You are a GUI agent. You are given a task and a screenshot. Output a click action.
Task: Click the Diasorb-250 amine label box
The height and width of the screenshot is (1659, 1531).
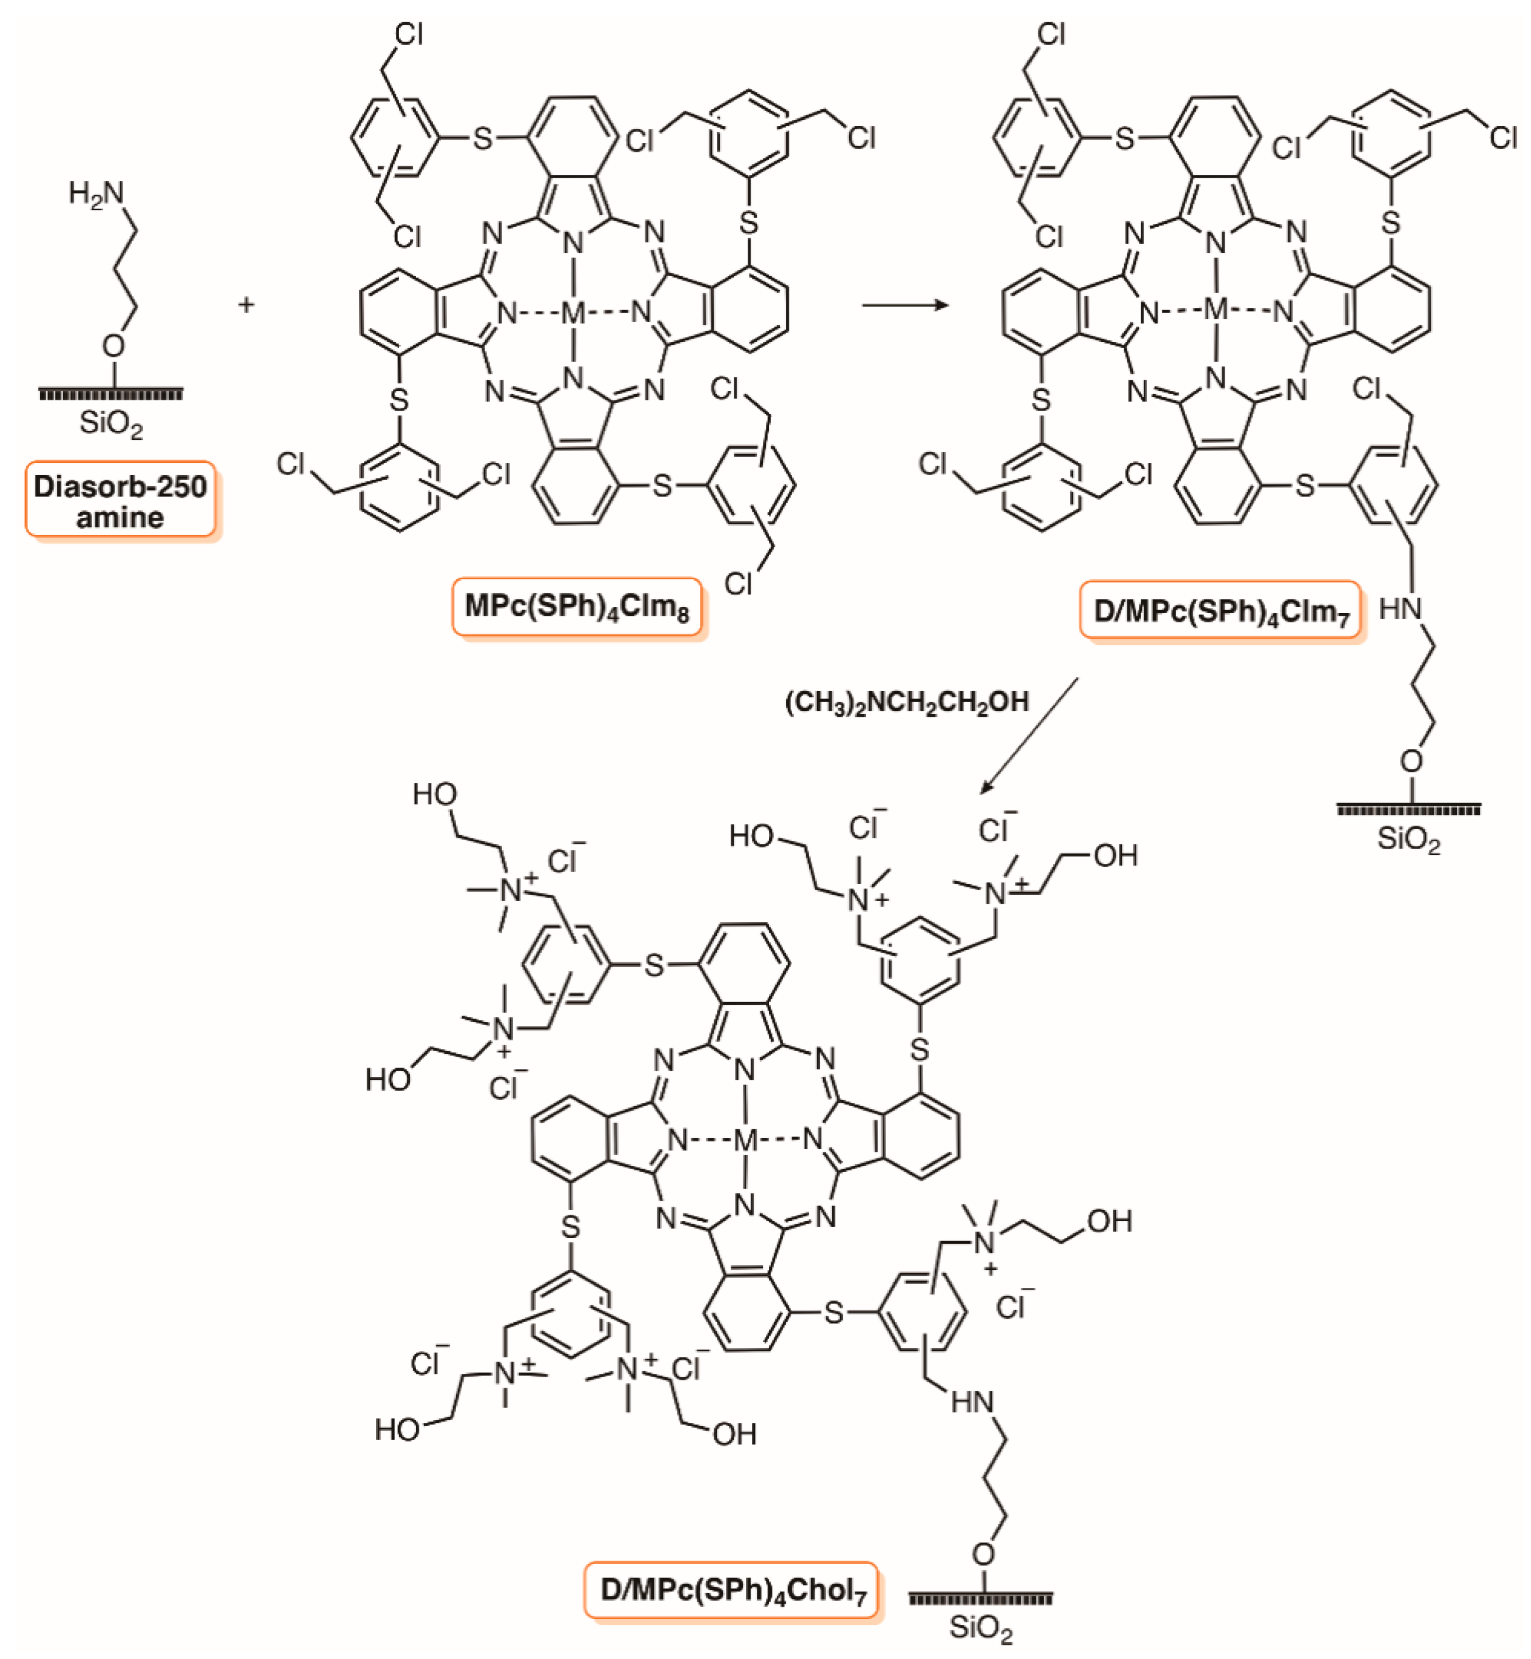click(120, 501)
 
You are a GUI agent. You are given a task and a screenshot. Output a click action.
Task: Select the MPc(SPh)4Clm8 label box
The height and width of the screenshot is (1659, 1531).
click(577, 607)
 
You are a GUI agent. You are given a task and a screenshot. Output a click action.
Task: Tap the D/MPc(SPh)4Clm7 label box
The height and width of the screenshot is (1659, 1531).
click(1220, 611)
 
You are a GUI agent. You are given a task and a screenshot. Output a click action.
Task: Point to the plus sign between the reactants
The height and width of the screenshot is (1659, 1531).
click(246, 305)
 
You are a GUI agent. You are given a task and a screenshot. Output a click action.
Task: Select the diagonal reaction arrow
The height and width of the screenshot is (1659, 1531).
click(1030, 735)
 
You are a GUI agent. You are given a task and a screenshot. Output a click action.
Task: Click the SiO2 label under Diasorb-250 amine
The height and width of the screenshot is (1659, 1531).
click(111, 424)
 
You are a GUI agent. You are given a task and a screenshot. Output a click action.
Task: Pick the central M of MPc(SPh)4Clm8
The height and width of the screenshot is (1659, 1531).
click(573, 313)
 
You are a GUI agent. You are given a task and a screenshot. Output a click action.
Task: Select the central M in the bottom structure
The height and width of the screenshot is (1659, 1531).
click(746, 1140)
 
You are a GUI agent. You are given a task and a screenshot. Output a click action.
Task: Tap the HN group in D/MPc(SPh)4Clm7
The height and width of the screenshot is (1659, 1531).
click(1400, 609)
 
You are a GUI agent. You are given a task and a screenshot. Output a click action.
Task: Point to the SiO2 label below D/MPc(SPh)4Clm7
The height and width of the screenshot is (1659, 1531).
click(1408, 840)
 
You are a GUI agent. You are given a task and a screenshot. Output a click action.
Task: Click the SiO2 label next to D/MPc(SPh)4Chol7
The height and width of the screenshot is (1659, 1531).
click(981, 1628)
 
